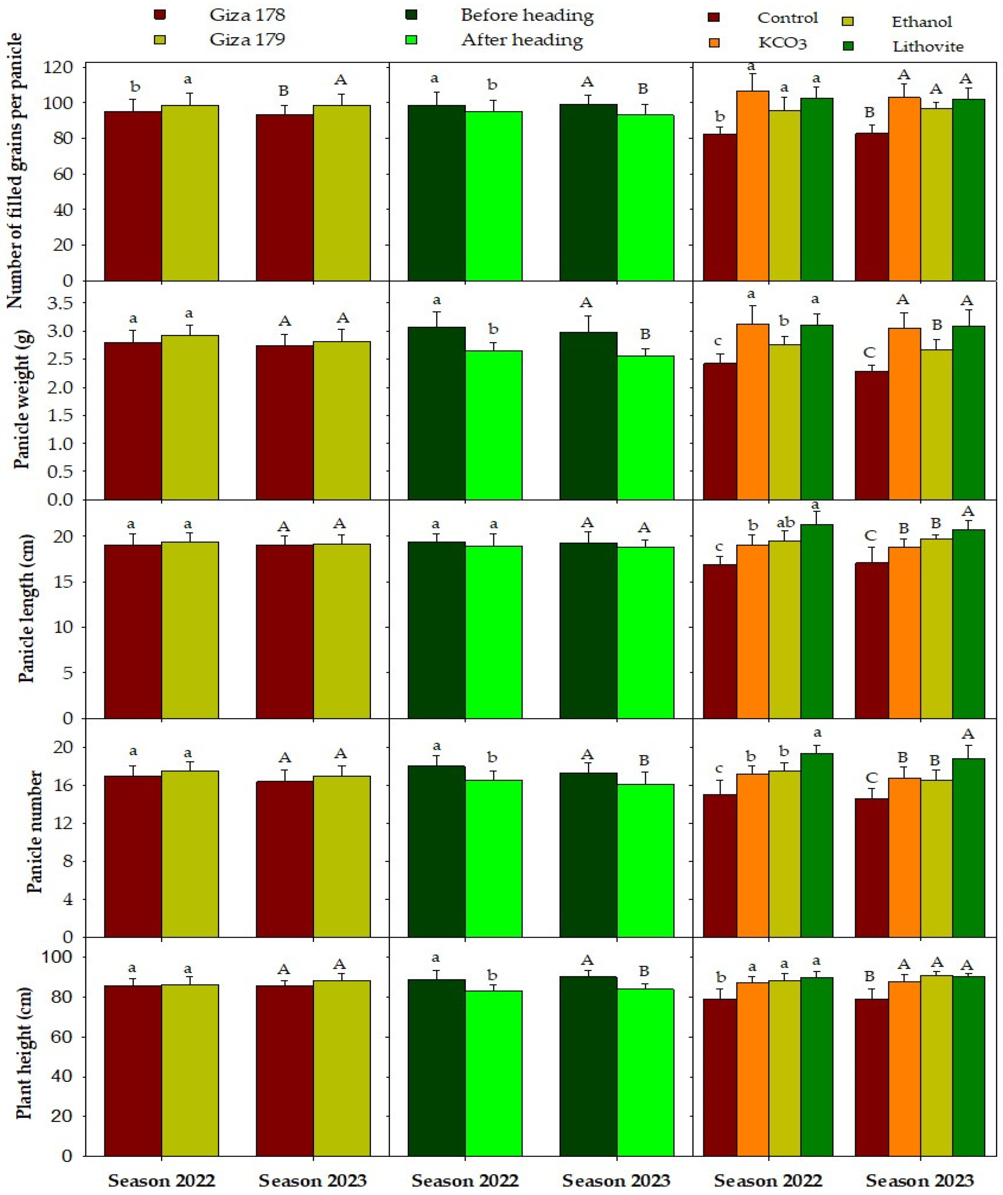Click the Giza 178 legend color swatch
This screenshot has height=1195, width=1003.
pos(160,15)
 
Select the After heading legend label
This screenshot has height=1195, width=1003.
pos(521,40)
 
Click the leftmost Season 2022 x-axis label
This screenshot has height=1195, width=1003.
pos(162,1180)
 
